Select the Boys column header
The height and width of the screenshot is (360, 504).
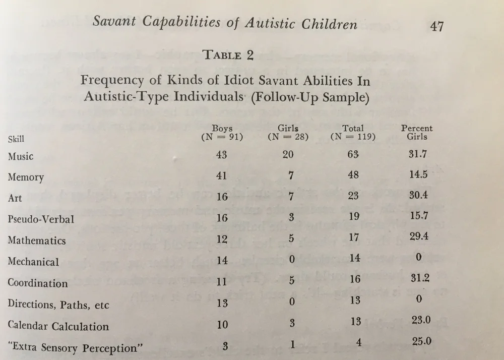point(222,128)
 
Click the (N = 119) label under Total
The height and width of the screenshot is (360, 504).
point(353,137)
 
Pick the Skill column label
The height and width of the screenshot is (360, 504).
point(16,139)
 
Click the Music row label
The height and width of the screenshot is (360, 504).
point(21,156)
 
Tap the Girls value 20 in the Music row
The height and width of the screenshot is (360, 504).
point(288,155)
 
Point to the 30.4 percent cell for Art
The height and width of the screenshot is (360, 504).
point(418,195)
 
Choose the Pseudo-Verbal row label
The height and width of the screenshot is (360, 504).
point(41,219)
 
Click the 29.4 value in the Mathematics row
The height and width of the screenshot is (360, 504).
point(419,236)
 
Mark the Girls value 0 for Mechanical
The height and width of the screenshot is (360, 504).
point(291,260)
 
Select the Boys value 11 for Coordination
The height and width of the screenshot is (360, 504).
point(222,282)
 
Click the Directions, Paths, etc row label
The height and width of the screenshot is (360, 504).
point(58,305)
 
